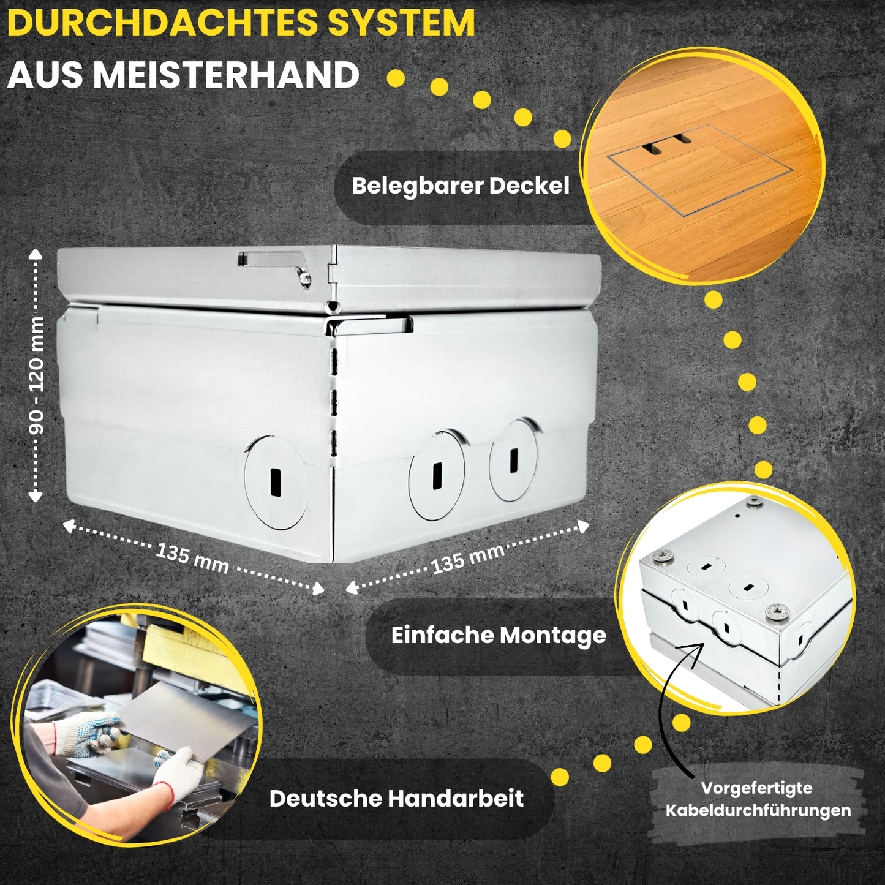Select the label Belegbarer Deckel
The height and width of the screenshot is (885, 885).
tap(460, 186)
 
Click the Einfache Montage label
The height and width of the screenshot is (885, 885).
tap(499, 636)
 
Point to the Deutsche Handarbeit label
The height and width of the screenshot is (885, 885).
tap(396, 799)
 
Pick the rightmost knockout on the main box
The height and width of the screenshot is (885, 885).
tap(513, 460)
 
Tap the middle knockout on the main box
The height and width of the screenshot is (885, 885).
tap(437, 475)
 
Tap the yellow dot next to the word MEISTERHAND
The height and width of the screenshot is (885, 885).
tap(396, 78)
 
